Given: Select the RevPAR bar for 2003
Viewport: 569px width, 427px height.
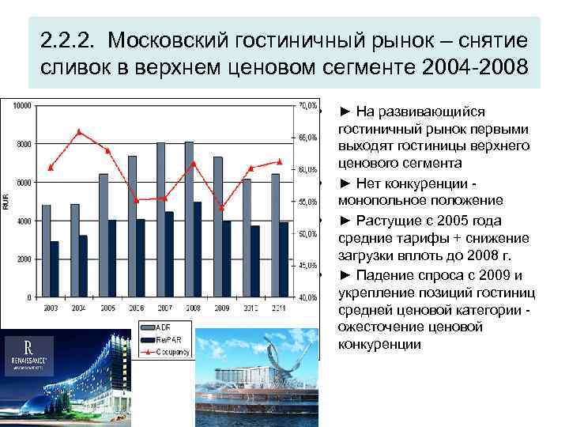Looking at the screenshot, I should click(55, 269).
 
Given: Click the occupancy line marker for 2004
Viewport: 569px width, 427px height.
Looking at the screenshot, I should click(78, 131).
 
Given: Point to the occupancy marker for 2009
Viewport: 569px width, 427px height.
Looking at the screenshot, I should click(222, 208).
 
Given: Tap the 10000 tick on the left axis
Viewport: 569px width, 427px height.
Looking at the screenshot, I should click(22, 105).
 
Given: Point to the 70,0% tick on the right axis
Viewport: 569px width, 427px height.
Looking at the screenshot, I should click(307, 105).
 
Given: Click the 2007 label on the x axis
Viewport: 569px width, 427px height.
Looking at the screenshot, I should click(165, 307).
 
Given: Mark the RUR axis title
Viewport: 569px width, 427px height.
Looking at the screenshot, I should click(7, 202).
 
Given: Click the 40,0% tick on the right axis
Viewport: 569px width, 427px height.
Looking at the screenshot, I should click(307, 297).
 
